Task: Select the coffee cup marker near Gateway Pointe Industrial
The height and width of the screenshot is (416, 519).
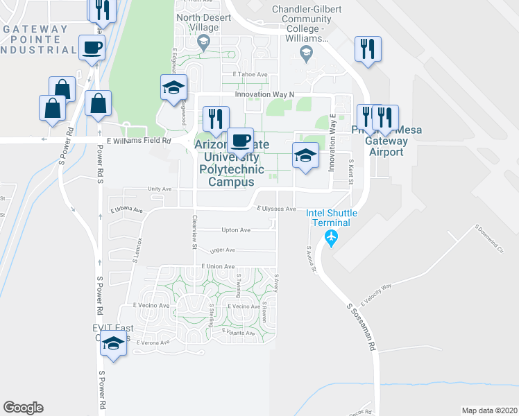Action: [92, 49]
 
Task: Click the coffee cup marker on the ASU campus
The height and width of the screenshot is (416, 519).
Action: [241, 140]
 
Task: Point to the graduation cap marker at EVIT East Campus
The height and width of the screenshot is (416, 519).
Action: [114, 343]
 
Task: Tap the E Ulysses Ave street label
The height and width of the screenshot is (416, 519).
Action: [277, 209]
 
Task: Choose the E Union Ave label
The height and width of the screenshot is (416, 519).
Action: [218, 266]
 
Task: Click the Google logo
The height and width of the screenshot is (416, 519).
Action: [23, 408]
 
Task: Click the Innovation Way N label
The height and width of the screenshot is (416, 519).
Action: [264, 94]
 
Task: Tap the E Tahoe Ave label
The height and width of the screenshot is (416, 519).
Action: [250, 74]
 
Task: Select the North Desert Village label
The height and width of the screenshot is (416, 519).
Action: [197, 22]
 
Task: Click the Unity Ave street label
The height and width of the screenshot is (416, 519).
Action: [159, 189]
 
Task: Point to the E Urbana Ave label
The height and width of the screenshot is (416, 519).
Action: [126, 209]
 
